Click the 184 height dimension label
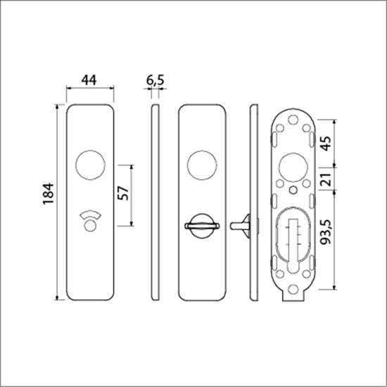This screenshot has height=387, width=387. [48, 193]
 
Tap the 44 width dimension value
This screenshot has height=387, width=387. [89, 80]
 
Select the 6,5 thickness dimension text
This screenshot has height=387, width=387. [156, 80]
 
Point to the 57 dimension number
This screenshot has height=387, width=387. [123, 193]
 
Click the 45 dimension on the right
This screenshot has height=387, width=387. [325, 144]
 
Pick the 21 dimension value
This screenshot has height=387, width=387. [325, 179]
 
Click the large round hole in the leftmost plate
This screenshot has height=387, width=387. [90, 165]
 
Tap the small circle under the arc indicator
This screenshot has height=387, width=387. [90, 226]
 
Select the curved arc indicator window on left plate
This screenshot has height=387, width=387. [90, 214]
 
